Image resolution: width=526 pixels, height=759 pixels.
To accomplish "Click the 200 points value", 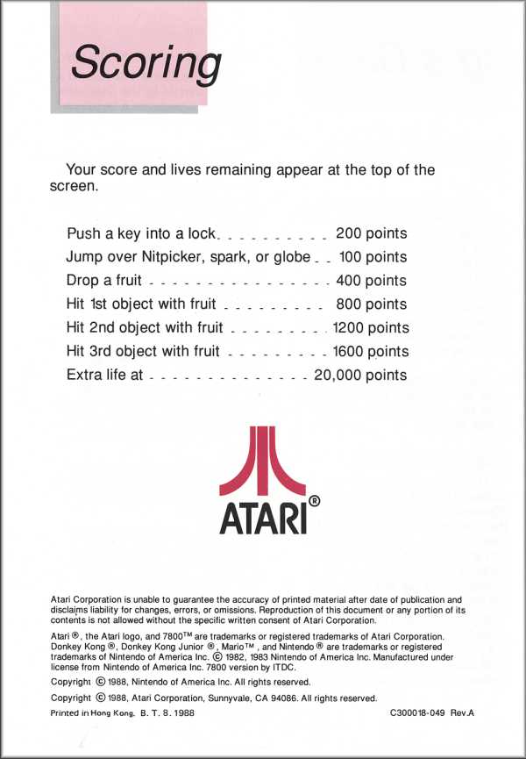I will point(371,234).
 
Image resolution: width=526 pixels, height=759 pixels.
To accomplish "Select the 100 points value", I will point(373,258).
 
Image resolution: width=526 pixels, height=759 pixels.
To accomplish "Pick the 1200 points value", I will point(371,329).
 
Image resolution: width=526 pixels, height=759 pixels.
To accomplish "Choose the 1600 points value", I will point(371,353).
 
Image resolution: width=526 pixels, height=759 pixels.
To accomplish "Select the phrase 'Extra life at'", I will point(105,376).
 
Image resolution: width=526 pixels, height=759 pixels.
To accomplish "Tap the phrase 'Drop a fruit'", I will point(103,282).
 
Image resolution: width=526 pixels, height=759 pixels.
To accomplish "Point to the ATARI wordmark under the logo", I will point(262,518).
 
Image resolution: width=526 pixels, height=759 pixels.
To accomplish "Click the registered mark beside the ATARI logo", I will point(315,501).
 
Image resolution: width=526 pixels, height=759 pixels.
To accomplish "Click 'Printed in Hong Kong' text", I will point(86,714).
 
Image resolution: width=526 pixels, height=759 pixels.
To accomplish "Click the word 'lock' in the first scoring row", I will point(202,234).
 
